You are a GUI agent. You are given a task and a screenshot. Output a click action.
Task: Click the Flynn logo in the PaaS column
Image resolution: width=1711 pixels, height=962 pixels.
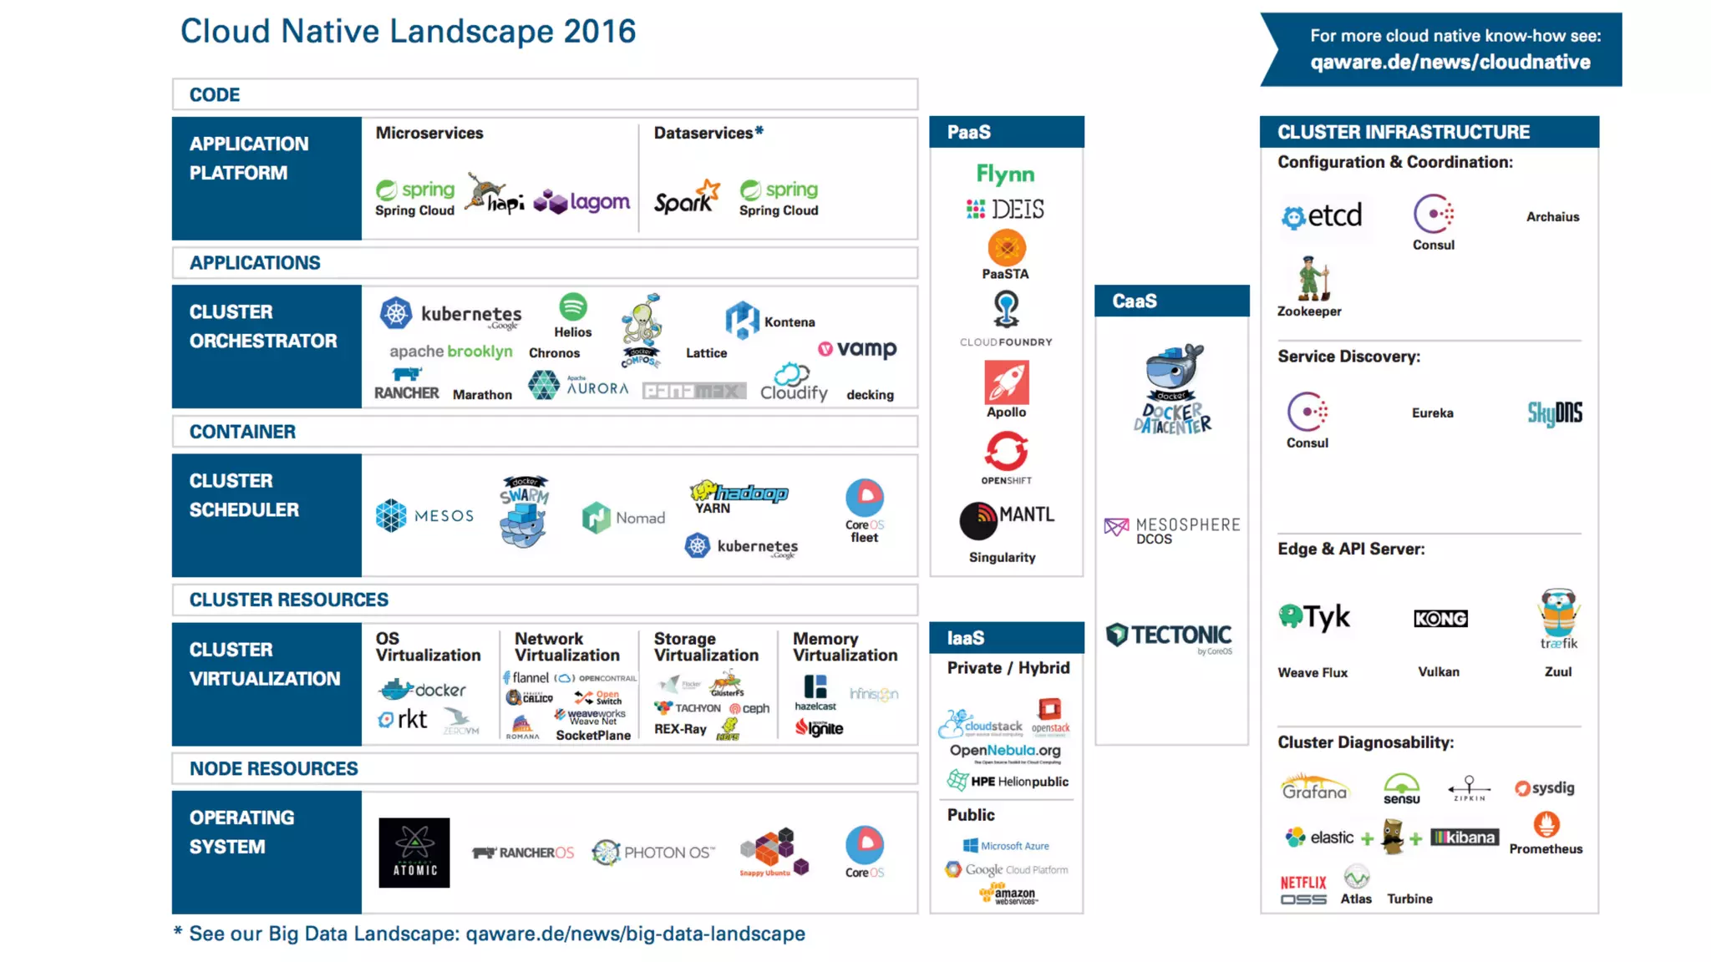pos(1005,174)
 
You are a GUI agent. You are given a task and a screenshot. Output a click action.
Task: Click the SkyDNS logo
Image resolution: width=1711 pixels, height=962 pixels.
pos(1554,413)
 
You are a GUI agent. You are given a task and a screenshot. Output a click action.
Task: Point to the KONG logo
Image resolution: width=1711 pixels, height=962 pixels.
pos(1439,618)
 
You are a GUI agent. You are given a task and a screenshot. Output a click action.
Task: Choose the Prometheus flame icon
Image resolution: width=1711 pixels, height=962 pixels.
pos(1546,825)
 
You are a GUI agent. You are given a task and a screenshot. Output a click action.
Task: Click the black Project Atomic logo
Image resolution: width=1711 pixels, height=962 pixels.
pos(414,852)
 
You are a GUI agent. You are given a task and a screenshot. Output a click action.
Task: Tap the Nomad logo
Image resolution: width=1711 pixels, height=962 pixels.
pos(623,518)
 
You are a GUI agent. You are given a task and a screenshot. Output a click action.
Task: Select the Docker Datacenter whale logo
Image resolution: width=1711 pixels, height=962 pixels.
pos(1173,388)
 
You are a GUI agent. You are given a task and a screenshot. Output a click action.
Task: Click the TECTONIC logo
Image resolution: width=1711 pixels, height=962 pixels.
pos(1170,636)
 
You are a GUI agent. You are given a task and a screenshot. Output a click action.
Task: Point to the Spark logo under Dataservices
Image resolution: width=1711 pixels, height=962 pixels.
pos(686,199)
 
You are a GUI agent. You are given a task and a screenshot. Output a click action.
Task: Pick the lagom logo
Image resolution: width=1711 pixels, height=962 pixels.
pos(582,201)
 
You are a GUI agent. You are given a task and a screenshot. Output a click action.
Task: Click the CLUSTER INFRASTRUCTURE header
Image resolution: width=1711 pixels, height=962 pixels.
pos(1404,132)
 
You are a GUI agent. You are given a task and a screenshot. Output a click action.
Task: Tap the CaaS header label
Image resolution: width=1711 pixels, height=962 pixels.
pos(1134,301)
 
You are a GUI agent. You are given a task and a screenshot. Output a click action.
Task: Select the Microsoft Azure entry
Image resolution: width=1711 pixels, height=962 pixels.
pos(1006,845)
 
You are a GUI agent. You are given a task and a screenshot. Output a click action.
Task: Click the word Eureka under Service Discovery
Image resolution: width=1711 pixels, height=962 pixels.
pos(1432,413)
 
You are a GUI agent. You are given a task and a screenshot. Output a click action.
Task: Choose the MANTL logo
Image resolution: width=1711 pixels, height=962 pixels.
pos(1007,519)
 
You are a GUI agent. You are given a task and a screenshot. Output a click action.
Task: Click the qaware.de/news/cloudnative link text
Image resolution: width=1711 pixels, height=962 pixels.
pos(1450,62)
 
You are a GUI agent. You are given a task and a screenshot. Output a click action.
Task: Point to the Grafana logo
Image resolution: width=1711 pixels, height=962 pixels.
pos(1314,787)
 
